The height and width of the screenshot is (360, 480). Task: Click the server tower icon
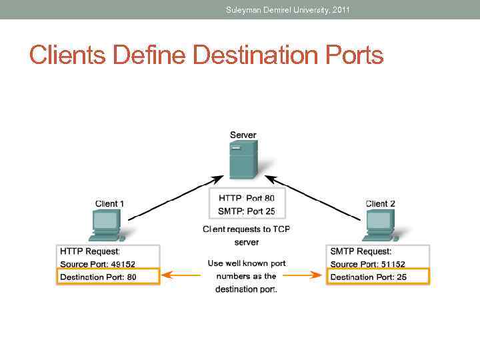point(243,160)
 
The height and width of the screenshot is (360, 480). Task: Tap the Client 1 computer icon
point(106,225)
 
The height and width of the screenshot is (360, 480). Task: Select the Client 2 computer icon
point(379,225)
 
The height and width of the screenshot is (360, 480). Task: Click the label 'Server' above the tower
point(243,135)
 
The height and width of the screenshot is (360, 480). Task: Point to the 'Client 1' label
point(110,203)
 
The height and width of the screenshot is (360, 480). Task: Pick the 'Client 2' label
point(381,203)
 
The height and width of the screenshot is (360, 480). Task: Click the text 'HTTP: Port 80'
point(246,198)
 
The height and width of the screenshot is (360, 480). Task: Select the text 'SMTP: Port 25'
point(246,211)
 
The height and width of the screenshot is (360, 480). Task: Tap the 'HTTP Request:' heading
point(90,251)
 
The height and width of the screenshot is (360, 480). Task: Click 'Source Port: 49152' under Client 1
point(98,264)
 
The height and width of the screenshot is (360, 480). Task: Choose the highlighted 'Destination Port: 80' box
point(108,277)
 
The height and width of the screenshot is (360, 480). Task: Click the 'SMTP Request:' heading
point(361,251)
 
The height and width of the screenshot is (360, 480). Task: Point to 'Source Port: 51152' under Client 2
point(368,264)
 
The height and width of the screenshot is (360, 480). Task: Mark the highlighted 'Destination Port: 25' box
point(378,277)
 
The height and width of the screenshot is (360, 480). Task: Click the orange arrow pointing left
point(181,275)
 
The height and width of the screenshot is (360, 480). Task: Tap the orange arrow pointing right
point(305,275)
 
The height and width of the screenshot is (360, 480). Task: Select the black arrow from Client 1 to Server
point(175,197)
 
